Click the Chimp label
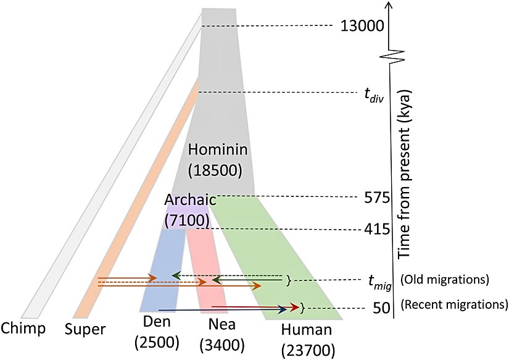(23, 328)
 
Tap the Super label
(85, 329)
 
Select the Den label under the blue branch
(157, 322)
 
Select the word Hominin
(217, 149)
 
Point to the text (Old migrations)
(445, 280)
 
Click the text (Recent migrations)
(453, 304)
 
